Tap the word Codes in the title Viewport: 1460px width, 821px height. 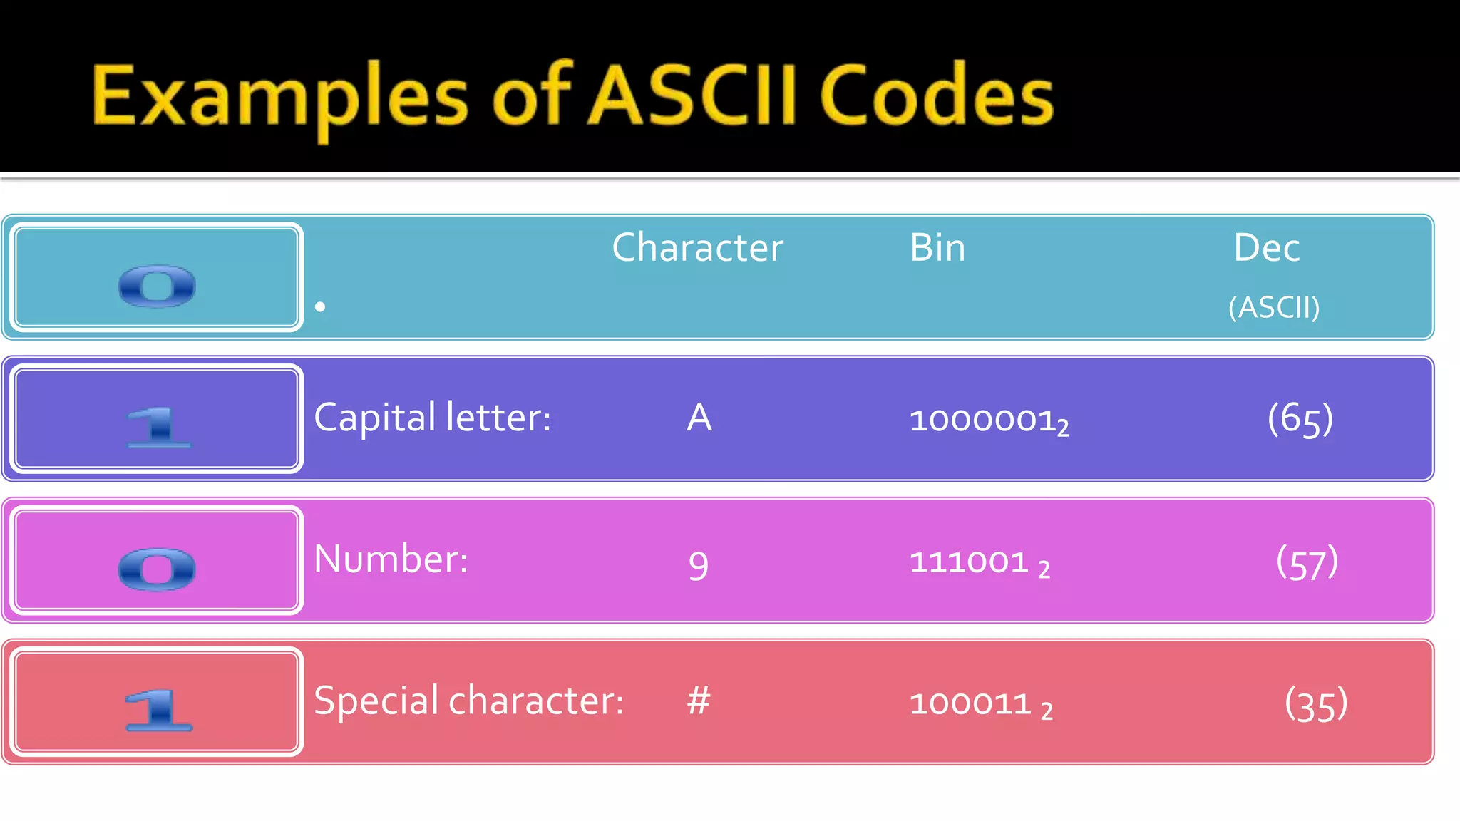point(936,97)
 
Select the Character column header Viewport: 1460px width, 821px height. point(697,248)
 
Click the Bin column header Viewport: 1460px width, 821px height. point(937,248)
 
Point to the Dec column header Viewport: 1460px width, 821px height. point(1267,248)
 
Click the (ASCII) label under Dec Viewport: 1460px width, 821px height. point(1274,308)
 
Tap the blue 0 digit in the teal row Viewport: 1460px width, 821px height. point(157,286)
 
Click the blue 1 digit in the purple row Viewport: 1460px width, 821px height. point(158,427)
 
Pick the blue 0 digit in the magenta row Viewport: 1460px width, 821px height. point(157,569)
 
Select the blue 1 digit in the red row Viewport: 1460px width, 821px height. point(158,710)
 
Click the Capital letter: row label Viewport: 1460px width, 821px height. point(432,418)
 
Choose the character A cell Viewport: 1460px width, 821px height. point(699,418)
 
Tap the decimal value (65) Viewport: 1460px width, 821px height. point(1300,418)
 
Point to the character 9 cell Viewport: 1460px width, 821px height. point(699,566)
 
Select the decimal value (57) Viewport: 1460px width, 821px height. point(1307,562)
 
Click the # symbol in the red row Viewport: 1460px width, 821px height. point(699,701)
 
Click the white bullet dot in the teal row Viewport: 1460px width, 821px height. point(320,306)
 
